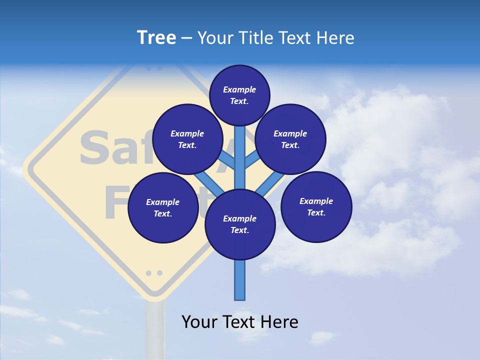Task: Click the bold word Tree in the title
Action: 156,38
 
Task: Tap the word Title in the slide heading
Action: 254,38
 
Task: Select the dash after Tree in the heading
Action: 186,38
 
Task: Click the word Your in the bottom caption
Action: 199,322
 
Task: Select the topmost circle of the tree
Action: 239,95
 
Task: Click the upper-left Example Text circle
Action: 187,139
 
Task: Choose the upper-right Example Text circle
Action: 290,139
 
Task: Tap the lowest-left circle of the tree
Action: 163,207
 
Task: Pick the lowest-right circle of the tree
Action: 316,206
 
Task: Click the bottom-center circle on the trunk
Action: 240,224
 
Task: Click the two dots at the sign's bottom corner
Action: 154,273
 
